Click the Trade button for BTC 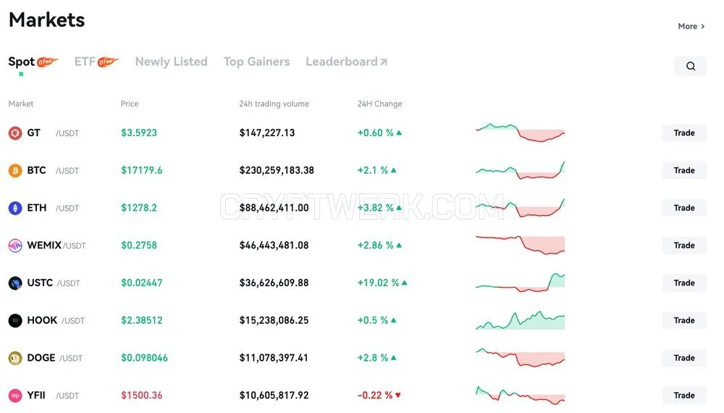tap(684, 170)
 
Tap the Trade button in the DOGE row tap(684, 358)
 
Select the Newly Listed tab tap(172, 62)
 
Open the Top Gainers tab tap(257, 62)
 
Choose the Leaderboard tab tap(346, 62)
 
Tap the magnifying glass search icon tap(690, 66)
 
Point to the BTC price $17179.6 tap(142, 170)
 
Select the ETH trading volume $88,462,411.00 tap(274, 208)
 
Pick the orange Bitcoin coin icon tap(15, 170)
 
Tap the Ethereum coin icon tap(15, 208)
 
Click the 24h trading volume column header tap(274, 104)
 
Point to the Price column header tap(130, 104)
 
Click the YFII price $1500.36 tap(142, 396)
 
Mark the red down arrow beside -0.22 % tap(398, 396)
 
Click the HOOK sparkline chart tap(520, 320)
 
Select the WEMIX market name tap(44, 246)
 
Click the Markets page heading tap(46, 20)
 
